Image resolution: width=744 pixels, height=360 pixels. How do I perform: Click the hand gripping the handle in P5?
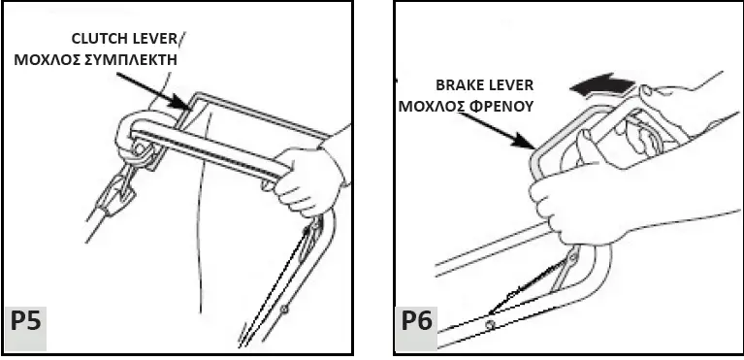click(308, 180)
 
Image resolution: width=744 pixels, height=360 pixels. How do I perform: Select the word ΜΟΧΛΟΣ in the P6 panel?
click(429, 105)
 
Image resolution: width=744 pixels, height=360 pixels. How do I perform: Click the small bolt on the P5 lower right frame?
click(288, 311)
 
